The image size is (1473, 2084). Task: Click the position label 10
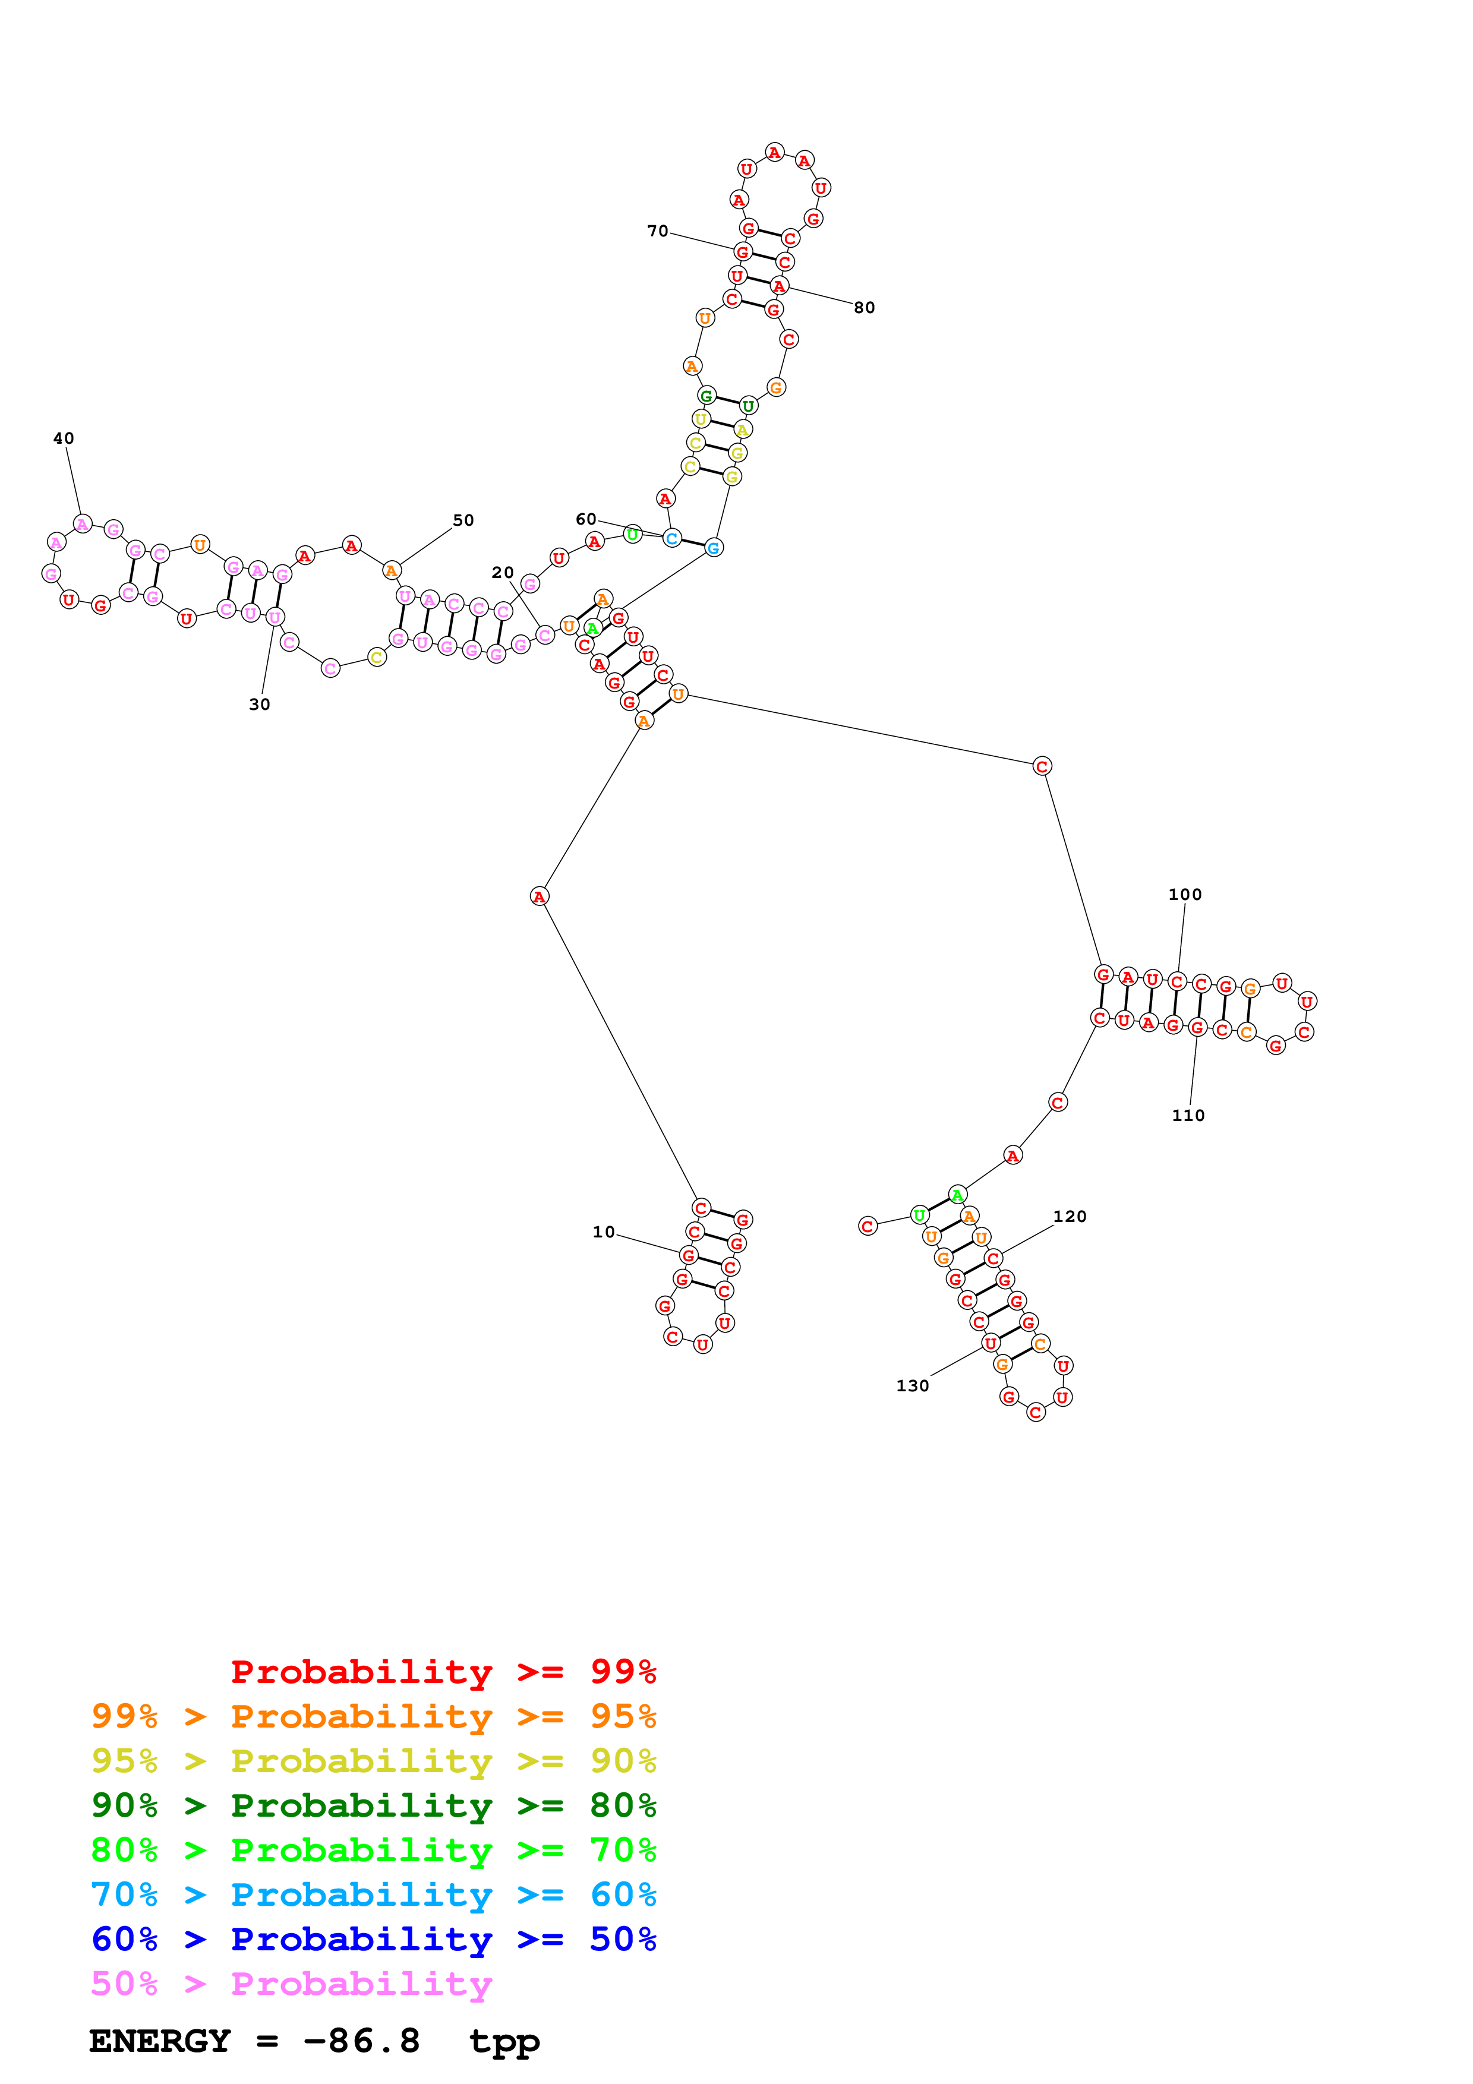[x=604, y=1232]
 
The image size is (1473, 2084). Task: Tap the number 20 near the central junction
[x=503, y=573]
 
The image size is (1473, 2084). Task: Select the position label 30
[x=260, y=705]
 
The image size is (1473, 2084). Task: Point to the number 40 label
[x=64, y=438]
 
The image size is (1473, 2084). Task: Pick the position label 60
[x=586, y=519]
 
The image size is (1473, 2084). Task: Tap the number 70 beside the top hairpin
[x=658, y=232]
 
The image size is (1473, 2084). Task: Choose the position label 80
[x=864, y=308]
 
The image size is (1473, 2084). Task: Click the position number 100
[x=1184, y=894]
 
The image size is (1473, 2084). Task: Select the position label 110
[x=1188, y=1116]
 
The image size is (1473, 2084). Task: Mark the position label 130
[x=912, y=1386]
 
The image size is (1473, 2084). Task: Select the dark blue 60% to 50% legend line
[x=374, y=1939]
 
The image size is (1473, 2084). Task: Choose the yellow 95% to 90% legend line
[x=374, y=1761]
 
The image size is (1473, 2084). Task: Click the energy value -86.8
[x=361, y=2041]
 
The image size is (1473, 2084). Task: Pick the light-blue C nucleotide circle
[x=671, y=538]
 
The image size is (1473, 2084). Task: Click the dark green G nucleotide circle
[x=706, y=396]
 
